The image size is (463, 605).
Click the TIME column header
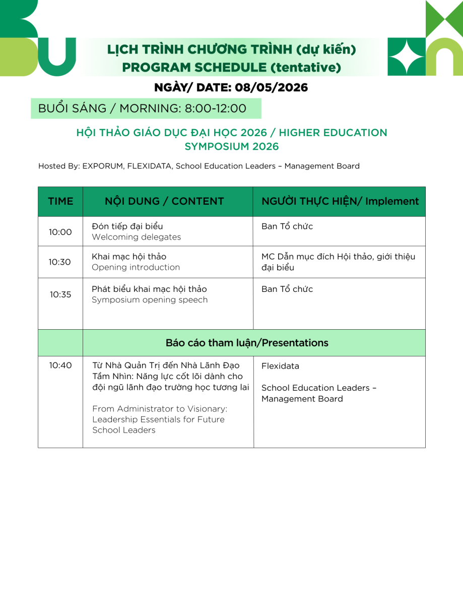pos(60,201)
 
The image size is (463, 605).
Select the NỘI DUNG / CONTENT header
pos(164,201)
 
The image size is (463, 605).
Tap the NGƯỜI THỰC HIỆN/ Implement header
pos(340,201)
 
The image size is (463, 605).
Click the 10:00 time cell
pos(60,232)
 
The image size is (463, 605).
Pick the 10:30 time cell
pos(59,262)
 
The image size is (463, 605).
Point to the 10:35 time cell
pos(60,295)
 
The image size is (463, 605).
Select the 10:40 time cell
pos(60,366)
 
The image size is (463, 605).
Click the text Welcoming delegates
pos(136,237)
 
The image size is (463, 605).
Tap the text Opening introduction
pos(136,267)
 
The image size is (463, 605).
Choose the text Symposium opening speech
pos(150,300)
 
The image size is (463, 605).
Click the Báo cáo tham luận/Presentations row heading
pos(247,343)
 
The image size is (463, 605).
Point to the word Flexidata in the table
pos(280,366)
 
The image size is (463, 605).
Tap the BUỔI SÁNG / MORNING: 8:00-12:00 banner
pos(143,108)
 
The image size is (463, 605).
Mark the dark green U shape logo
pos(56,57)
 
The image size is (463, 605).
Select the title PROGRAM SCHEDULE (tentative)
pos(231,67)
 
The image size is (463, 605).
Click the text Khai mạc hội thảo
pos(129,257)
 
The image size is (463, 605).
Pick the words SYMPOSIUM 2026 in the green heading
pos(232,147)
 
